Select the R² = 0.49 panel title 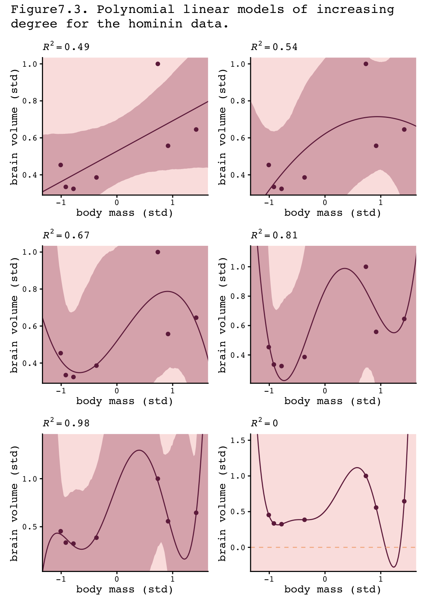(66, 47)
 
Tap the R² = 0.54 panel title (274, 47)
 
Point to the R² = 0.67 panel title (66, 235)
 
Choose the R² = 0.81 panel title (274, 235)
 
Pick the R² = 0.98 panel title (66, 423)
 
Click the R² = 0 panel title (264, 423)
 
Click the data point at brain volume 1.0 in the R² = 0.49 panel (158, 64)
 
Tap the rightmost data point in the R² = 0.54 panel (404, 129)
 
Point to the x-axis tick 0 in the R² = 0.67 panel (117, 391)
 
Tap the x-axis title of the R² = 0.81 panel (333, 401)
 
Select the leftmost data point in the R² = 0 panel (269, 515)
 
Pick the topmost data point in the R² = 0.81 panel (366, 267)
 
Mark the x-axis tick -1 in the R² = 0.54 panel (268, 202)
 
